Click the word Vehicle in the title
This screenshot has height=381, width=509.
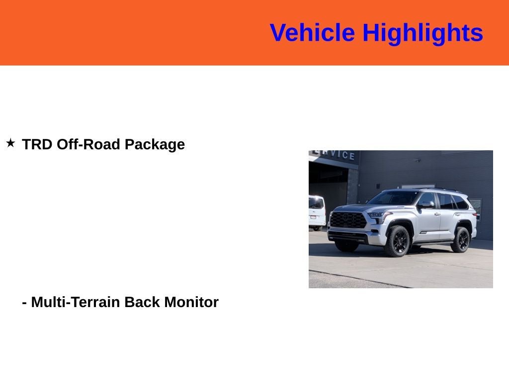click(x=312, y=33)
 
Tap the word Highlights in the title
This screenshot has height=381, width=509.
click(x=423, y=33)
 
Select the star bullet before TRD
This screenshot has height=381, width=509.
click(x=10, y=143)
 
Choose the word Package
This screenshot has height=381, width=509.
click(x=155, y=144)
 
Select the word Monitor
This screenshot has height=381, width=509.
click(x=191, y=302)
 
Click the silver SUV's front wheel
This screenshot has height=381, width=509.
click(x=398, y=241)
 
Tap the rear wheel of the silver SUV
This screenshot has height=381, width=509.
click(x=461, y=240)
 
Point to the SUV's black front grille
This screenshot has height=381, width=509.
click(x=348, y=219)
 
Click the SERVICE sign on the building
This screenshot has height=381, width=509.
click(x=338, y=155)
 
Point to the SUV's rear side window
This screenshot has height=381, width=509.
click(x=460, y=202)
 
